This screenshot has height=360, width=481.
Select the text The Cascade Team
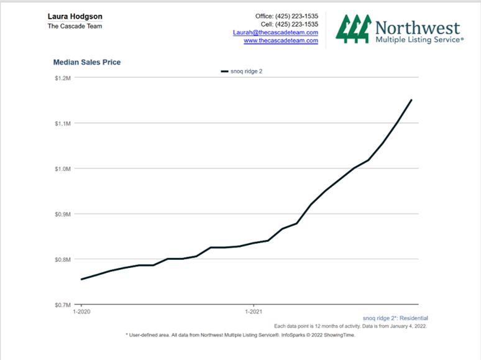[x=75, y=26]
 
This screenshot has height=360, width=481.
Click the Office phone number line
[x=286, y=16]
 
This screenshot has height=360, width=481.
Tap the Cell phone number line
[x=290, y=24]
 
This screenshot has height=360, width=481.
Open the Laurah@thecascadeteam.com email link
[x=275, y=32]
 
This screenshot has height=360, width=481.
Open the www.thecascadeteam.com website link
[x=280, y=40]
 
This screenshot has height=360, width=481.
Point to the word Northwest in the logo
[x=418, y=28]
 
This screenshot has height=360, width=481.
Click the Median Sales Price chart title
[x=87, y=62]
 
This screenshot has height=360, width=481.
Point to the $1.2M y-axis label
[x=63, y=78]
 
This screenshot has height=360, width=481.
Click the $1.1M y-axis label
[x=63, y=124]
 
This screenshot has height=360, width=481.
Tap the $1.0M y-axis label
[x=63, y=169]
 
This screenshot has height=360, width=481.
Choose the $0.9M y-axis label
[x=63, y=214]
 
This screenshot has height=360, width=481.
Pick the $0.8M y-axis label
[x=63, y=259]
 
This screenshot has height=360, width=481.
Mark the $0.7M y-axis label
[x=63, y=305]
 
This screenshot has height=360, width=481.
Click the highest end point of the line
[x=411, y=99]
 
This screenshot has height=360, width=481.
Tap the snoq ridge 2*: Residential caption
[x=395, y=318]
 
